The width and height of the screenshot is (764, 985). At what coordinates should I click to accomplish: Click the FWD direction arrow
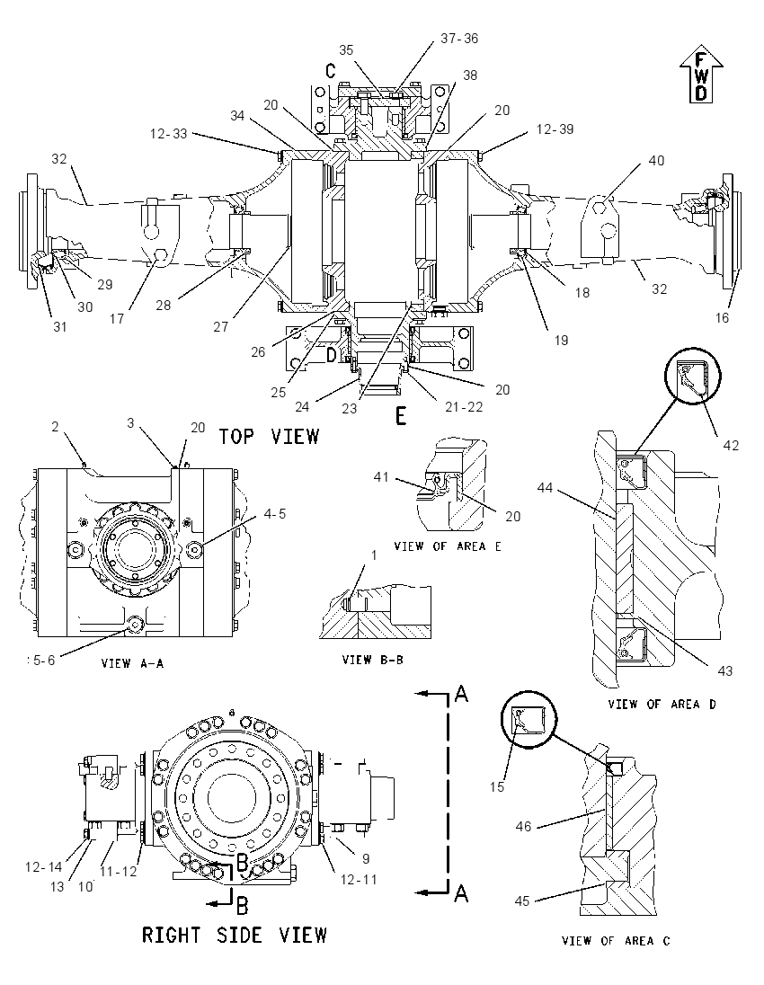coord(701,74)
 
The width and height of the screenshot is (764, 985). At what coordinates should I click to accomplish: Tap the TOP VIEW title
coord(270,436)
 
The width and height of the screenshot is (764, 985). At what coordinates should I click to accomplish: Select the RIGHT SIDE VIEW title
coord(235,935)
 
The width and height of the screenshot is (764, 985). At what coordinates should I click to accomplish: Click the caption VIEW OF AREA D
coord(662,705)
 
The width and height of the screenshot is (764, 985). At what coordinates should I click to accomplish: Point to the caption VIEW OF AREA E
coord(448,546)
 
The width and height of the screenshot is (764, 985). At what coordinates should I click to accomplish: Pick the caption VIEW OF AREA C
coord(616,940)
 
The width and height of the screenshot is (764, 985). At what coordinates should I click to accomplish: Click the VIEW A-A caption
coord(132,663)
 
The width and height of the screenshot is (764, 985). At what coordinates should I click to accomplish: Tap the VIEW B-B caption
coord(373,661)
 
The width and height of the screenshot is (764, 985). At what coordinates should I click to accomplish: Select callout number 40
coord(656,161)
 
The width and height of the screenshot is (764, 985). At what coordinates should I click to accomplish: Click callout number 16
coord(722,318)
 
